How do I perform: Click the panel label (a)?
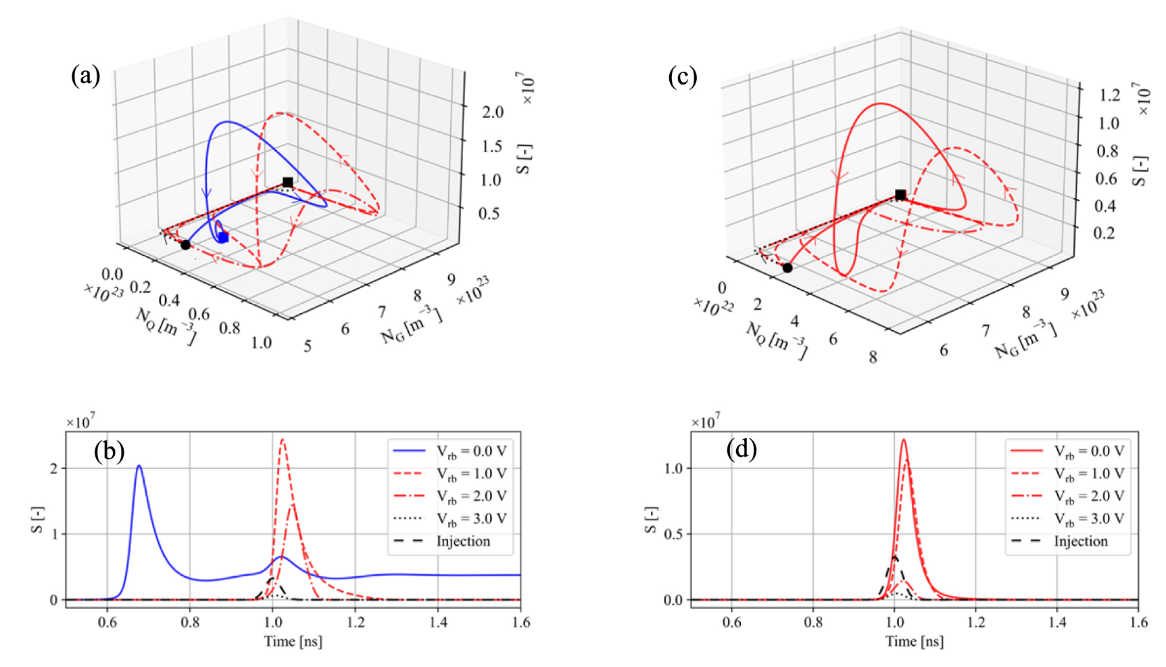(x=85, y=76)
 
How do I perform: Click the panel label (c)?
(x=682, y=76)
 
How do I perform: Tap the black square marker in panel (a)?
(x=288, y=183)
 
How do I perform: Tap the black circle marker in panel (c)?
(x=787, y=268)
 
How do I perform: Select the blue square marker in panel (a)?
(x=224, y=237)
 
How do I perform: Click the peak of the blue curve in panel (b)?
(x=139, y=466)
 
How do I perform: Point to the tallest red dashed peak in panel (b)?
(x=283, y=440)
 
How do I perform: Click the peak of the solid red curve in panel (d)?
(x=903, y=440)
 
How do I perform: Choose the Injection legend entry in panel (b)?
(x=462, y=541)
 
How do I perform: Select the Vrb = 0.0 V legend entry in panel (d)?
(x=1089, y=451)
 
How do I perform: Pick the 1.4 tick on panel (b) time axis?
(x=438, y=622)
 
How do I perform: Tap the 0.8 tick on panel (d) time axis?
(x=813, y=622)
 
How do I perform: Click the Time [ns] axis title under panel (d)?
(x=914, y=641)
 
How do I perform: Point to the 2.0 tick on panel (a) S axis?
(x=493, y=112)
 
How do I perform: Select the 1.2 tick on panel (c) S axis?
(x=1109, y=95)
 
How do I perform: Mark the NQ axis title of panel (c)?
(x=776, y=340)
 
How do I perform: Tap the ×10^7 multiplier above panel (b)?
(x=80, y=422)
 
